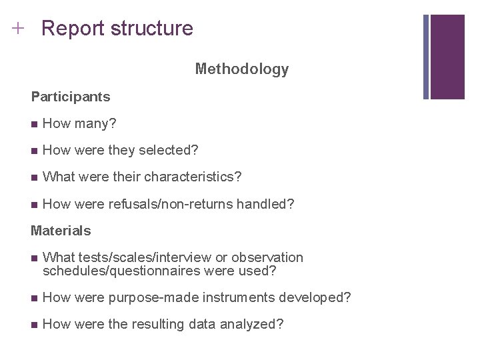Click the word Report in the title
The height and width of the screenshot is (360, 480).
[73, 29]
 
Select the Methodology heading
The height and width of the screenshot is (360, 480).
[242, 69]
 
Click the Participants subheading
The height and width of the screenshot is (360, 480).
[71, 97]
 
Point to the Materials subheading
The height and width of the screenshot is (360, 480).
[61, 231]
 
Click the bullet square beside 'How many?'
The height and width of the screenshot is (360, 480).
[34, 124]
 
